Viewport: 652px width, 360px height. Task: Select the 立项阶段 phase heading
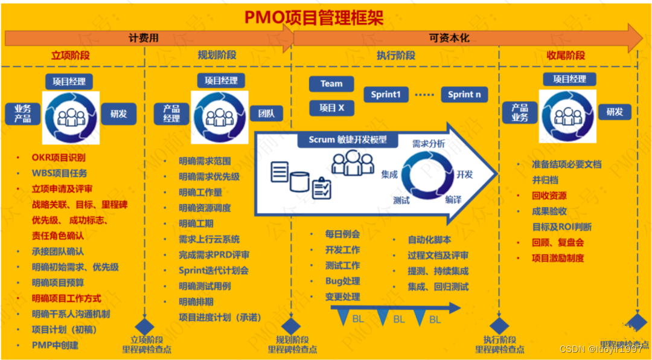(70, 56)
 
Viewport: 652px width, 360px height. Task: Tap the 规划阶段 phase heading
(217, 56)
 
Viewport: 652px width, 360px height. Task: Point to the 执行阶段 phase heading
(395, 56)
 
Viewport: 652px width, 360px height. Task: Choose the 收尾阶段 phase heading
(566, 56)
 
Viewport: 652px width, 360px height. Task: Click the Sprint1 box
(386, 94)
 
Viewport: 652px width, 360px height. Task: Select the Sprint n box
(464, 94)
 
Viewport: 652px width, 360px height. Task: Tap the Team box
(331, 84)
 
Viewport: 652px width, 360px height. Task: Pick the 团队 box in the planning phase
(266, 113)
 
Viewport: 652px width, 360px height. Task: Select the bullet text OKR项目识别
(59, 158)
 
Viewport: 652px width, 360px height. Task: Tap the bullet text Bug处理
(342, 281)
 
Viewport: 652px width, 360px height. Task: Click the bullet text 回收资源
(549, 196)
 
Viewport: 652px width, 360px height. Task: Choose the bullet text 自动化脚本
(429, 240)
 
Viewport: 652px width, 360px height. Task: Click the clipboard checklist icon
(321, 188)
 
